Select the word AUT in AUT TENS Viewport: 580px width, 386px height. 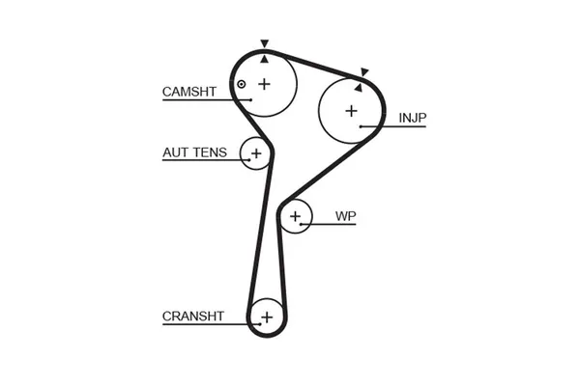coord(174,152)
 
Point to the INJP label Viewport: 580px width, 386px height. coord(413,119)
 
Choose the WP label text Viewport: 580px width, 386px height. coord(344,216)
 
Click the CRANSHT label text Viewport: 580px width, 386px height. coord(192,316)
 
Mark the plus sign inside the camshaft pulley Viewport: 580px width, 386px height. coord(264,84)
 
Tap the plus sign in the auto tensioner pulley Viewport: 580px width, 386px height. coord(256,152)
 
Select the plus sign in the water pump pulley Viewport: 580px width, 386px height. coord(296,216)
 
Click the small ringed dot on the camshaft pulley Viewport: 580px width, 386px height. coord(242,85)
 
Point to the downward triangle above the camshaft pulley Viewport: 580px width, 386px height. coord(263,43)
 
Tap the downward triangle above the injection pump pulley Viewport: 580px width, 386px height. coord(365,71)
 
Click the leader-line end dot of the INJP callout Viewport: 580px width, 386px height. coord(360,126)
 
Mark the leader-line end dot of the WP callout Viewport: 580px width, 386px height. coord(302,224)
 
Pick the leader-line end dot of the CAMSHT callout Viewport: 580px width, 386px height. coord(250,99)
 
